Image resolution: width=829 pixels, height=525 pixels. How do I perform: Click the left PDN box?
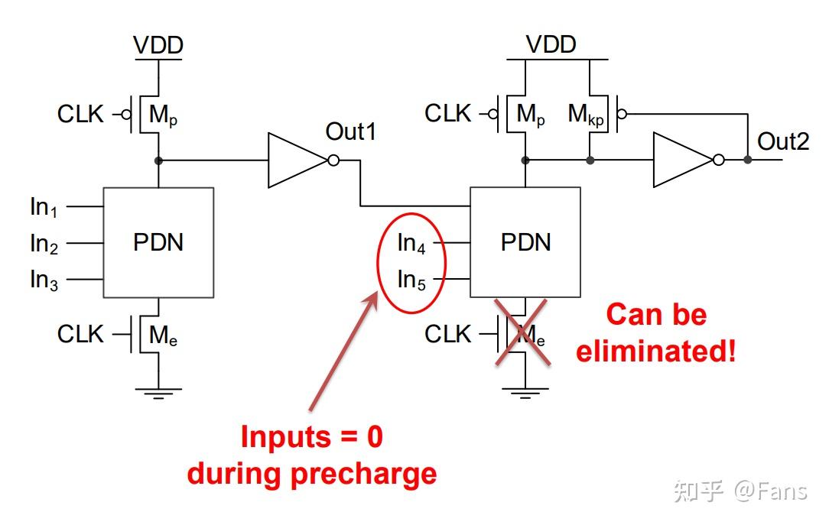tap(158, 242)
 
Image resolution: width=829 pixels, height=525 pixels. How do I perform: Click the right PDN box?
tap(525, 242)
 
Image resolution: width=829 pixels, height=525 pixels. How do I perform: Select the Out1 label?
tap(350, 131)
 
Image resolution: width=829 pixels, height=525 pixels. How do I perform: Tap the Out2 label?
tap(783, 141)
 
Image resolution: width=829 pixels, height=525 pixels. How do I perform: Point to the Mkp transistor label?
tap(586, 115)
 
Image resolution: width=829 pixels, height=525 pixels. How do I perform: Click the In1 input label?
tap(44, 208)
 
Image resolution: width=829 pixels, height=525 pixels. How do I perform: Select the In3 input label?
tap(44, 280)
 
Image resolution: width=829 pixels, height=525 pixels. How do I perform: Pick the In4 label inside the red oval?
tap(411, 244)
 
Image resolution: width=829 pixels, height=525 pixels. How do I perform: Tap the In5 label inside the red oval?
tap(411, 280)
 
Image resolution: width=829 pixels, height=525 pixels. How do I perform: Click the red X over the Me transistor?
tap(522, 332)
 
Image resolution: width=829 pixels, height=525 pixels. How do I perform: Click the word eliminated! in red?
tap(655, 351)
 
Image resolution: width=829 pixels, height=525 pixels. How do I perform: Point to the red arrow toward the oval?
tap(343, 351)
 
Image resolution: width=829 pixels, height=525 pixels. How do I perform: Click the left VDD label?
tap(158, 45)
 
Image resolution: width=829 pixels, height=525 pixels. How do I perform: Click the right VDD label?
tap(551, 44)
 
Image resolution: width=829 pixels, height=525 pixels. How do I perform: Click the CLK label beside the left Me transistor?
tap(80, 334)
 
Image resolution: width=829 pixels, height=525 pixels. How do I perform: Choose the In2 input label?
tap(44, 244)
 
